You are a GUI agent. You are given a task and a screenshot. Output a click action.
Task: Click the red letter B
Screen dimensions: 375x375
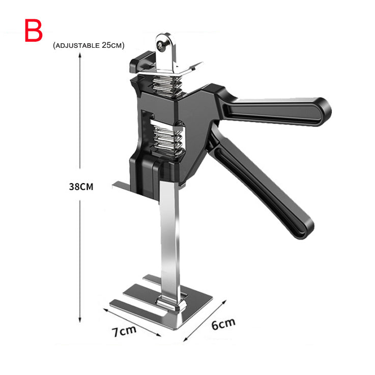[34, 31]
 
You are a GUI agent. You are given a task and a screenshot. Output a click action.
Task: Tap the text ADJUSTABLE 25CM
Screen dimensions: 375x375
[89, 45]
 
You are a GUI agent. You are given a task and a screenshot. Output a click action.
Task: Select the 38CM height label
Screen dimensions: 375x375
[81, 187]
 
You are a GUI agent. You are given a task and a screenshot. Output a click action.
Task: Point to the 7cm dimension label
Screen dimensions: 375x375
[124, 331]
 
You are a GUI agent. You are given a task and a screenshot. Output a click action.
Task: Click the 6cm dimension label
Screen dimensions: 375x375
[223, 324]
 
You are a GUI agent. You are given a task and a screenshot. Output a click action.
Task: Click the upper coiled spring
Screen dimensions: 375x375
[167, 85]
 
